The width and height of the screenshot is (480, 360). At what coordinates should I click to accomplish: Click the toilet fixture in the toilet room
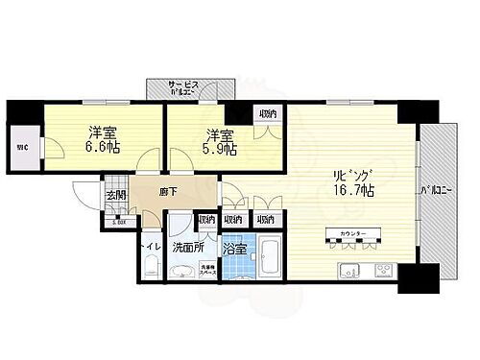click(151, 268)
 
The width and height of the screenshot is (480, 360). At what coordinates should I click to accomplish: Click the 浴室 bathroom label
click(235, 248)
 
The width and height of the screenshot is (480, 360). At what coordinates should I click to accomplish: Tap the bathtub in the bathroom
click(269, 256)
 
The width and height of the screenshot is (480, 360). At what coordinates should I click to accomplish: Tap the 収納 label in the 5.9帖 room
click(269, 114)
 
